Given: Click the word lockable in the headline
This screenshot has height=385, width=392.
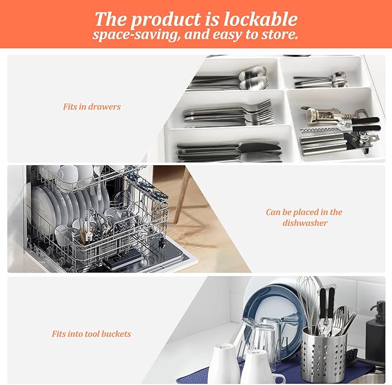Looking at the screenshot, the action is pyautogui.click(x=260, y=19).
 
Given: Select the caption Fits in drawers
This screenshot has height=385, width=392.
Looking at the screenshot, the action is pyautogui.click(x=92, y=107).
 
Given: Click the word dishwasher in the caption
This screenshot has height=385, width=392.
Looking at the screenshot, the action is pyautogui.click(x=305, y=223).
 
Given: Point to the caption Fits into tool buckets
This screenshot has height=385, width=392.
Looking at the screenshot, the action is pyautogui.click(x=91, y=334).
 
